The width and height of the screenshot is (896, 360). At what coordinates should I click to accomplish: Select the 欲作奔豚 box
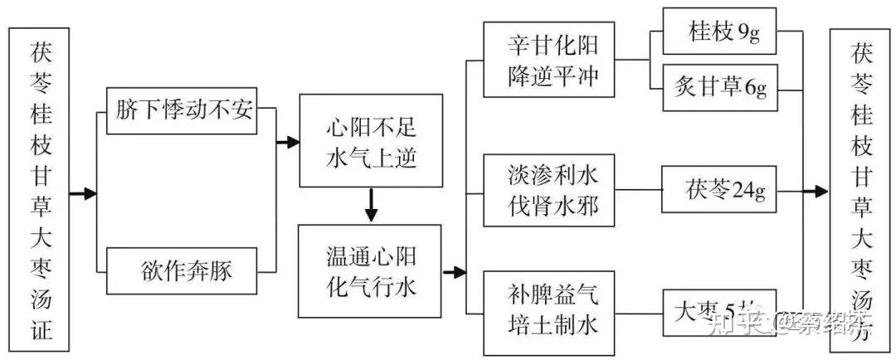[x=183, y=271]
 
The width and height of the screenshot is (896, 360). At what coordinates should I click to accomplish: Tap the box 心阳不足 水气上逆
[x=371, y=143]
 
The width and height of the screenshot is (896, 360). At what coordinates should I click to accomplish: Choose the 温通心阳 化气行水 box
[x=371, y=270]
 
